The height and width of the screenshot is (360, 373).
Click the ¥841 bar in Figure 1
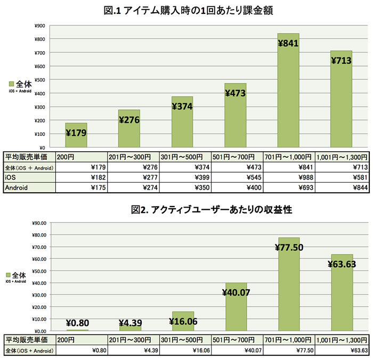coord(288,91)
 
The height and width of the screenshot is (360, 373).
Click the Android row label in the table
coord(17,187)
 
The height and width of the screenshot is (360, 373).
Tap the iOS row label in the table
coord(11,177)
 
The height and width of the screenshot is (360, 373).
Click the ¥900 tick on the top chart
coord(39,26)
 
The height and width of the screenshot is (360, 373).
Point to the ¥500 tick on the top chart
coord(39,80)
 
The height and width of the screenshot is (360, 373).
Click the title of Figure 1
coord(186,10)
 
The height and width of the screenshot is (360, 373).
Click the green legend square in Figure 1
coord(12,84)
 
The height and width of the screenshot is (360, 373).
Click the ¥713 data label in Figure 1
coord(342,60)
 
